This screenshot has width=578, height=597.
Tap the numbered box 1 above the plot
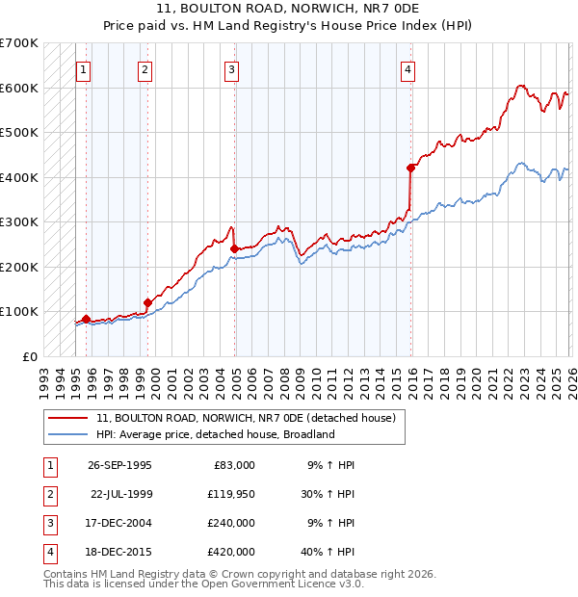[84, 69]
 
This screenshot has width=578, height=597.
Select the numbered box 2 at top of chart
[144, 69]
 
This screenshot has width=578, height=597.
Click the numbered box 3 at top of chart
[232, 69]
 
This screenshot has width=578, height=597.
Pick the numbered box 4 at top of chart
[408, 69]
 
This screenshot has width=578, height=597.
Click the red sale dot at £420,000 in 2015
[410, 169]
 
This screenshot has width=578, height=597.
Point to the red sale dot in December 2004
[234, 248]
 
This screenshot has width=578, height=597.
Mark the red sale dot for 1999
[147, 302]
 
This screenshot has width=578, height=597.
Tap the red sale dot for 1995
[87, 319]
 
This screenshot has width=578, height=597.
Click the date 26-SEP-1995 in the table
[119, 465]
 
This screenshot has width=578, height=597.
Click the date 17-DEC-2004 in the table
[119, 523]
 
